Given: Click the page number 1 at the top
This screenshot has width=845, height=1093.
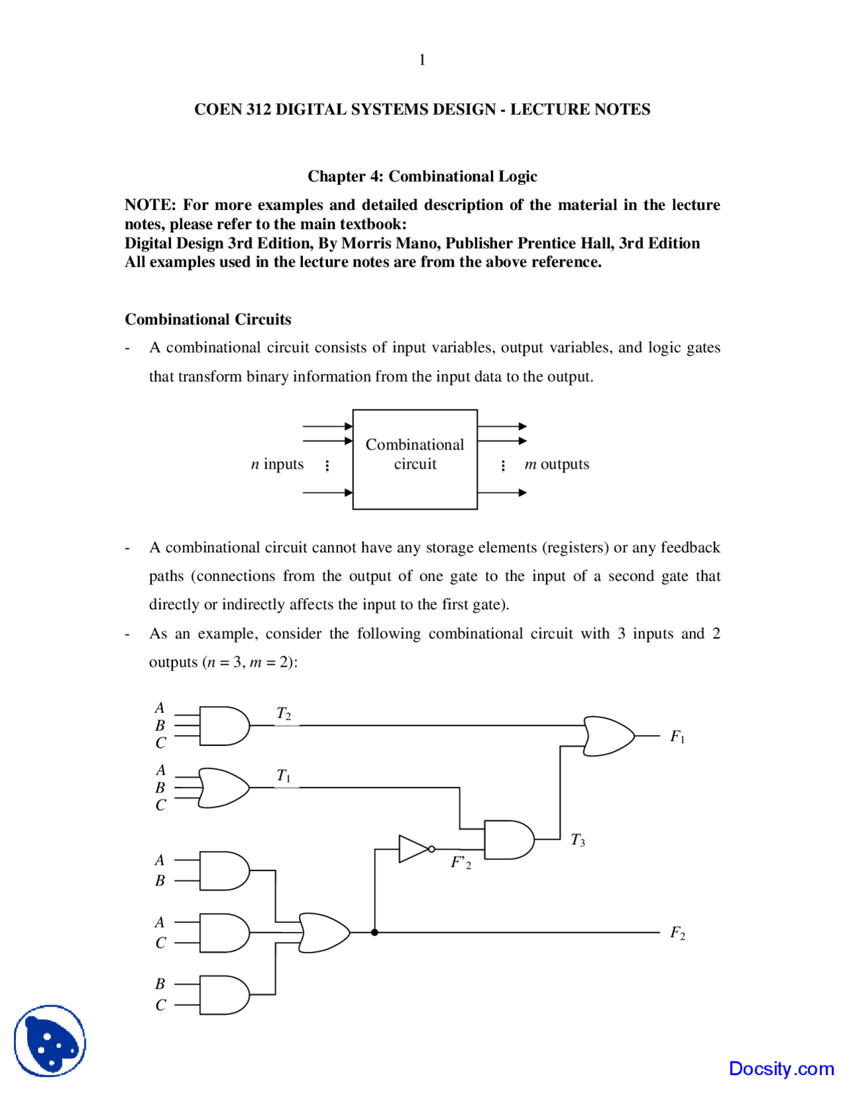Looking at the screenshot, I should [x=422, y=60].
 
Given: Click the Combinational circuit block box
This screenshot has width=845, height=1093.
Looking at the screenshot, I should [x=415, y=459].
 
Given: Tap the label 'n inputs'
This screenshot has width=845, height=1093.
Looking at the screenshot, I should [x=277, y=464].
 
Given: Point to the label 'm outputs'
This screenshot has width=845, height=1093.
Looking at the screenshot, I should [x=557, y=464].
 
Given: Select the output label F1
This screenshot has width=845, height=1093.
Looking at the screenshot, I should [x=677, y=737].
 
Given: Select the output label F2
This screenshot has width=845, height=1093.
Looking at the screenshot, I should [x=677, y=933].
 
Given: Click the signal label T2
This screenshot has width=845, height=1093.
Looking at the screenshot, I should [x=284, y=713].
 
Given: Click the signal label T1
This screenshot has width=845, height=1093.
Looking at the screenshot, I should [x=284, y=776].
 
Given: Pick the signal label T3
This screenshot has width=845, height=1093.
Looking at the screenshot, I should [x=578, y=840].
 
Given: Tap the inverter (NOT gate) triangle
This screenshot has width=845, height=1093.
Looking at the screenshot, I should [x=413, y=849].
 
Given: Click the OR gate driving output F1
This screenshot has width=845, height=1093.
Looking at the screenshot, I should [x=608, y=736].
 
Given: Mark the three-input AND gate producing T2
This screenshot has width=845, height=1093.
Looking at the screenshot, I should [x=224, y=726].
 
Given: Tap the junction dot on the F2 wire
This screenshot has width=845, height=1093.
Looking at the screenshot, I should [x=374, y=933].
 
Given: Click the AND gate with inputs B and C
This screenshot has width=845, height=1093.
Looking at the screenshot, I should [x=224, y=995].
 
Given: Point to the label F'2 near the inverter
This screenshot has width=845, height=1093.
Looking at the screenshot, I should [x=461, y=863].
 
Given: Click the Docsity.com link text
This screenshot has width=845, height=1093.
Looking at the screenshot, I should [x=781, y=1069].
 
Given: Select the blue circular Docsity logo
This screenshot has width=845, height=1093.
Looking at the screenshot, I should [x=50, y=1041].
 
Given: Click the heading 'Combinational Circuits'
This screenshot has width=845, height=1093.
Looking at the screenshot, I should [x=208, y=319].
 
